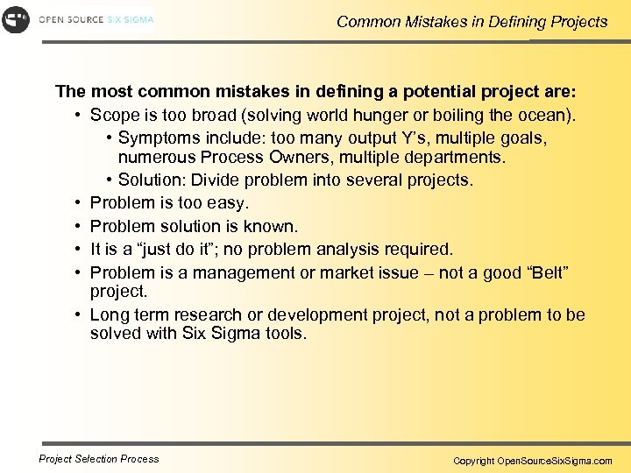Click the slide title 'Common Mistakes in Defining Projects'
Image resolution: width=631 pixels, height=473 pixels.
471,22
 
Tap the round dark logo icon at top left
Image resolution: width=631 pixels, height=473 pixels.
16,19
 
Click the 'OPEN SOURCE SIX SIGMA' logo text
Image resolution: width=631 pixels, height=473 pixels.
95,19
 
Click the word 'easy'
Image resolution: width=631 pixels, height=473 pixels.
230,203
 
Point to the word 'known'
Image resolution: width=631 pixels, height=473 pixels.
273,227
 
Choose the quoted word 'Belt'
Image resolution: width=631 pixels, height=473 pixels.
542,273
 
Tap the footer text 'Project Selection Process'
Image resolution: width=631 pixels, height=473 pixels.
99,458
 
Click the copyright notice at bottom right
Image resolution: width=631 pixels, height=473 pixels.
532,460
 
